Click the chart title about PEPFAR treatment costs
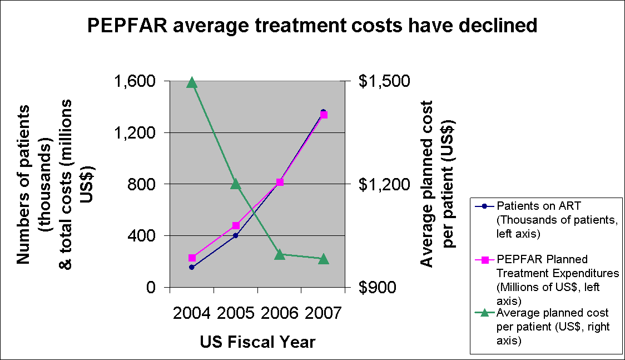(312, 26)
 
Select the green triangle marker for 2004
(192, 83)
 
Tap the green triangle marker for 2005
(235, 184)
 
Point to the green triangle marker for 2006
(280, 255)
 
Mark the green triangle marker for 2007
(324, 259)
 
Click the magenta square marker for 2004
(192, 258)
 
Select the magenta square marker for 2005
(236, 225)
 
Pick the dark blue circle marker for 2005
(235, 235)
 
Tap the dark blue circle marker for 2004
(192, 267)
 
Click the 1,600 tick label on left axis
(134, 81)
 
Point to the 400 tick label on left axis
(142, 236)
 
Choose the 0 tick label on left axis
(150, 288)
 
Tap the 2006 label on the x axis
(280, 314)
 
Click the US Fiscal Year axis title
(257, 342)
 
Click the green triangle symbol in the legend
(484, 313)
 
